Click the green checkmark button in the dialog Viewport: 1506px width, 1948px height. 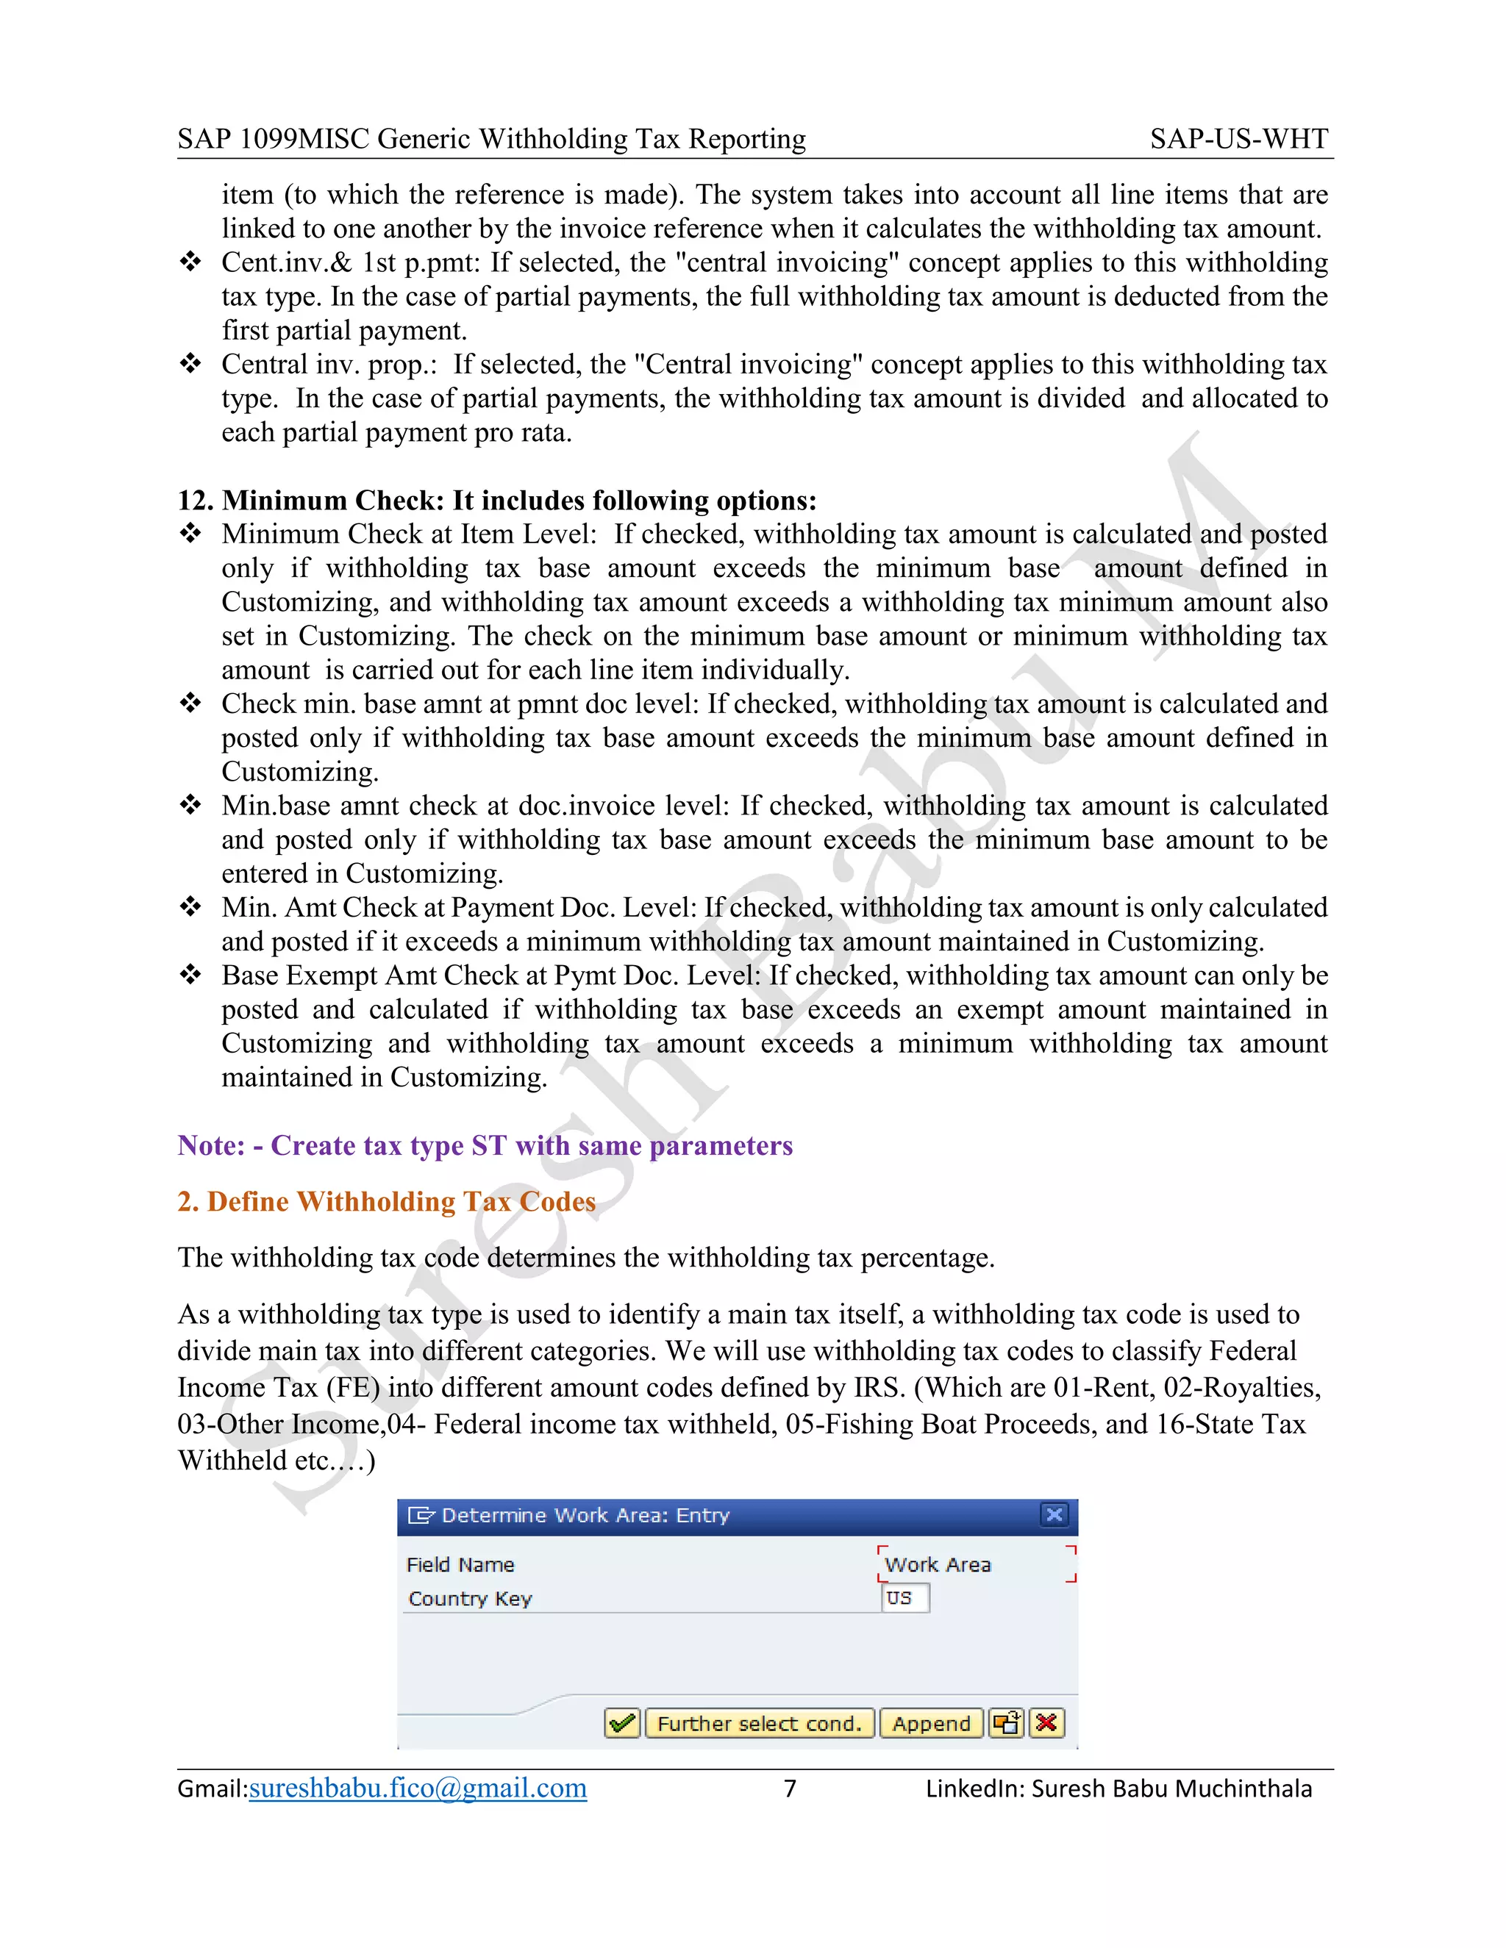pos(622,1723)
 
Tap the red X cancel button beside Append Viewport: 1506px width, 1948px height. pos(1046,1723)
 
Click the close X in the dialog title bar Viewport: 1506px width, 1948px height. pos(1054,1514)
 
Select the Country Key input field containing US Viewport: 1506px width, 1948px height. pos(904,1597)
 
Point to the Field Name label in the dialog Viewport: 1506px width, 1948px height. pos(460,1564)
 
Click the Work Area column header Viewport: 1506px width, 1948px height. pos(938,1564)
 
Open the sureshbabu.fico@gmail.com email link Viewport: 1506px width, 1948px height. pos(418,1788)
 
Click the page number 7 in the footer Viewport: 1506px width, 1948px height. pos(790,1788)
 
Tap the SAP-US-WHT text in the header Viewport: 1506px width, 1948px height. pos(1238,139)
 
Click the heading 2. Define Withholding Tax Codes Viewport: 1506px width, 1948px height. pos(386,1201)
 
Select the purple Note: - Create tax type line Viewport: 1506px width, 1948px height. pos(485,1145)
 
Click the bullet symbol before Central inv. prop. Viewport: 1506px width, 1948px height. pos(190,364)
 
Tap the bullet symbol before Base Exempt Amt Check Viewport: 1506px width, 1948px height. pos(190,975)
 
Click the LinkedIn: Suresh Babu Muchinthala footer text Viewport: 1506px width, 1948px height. pos(1118,1788)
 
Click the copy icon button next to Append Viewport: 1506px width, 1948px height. pos(1007,1723)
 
